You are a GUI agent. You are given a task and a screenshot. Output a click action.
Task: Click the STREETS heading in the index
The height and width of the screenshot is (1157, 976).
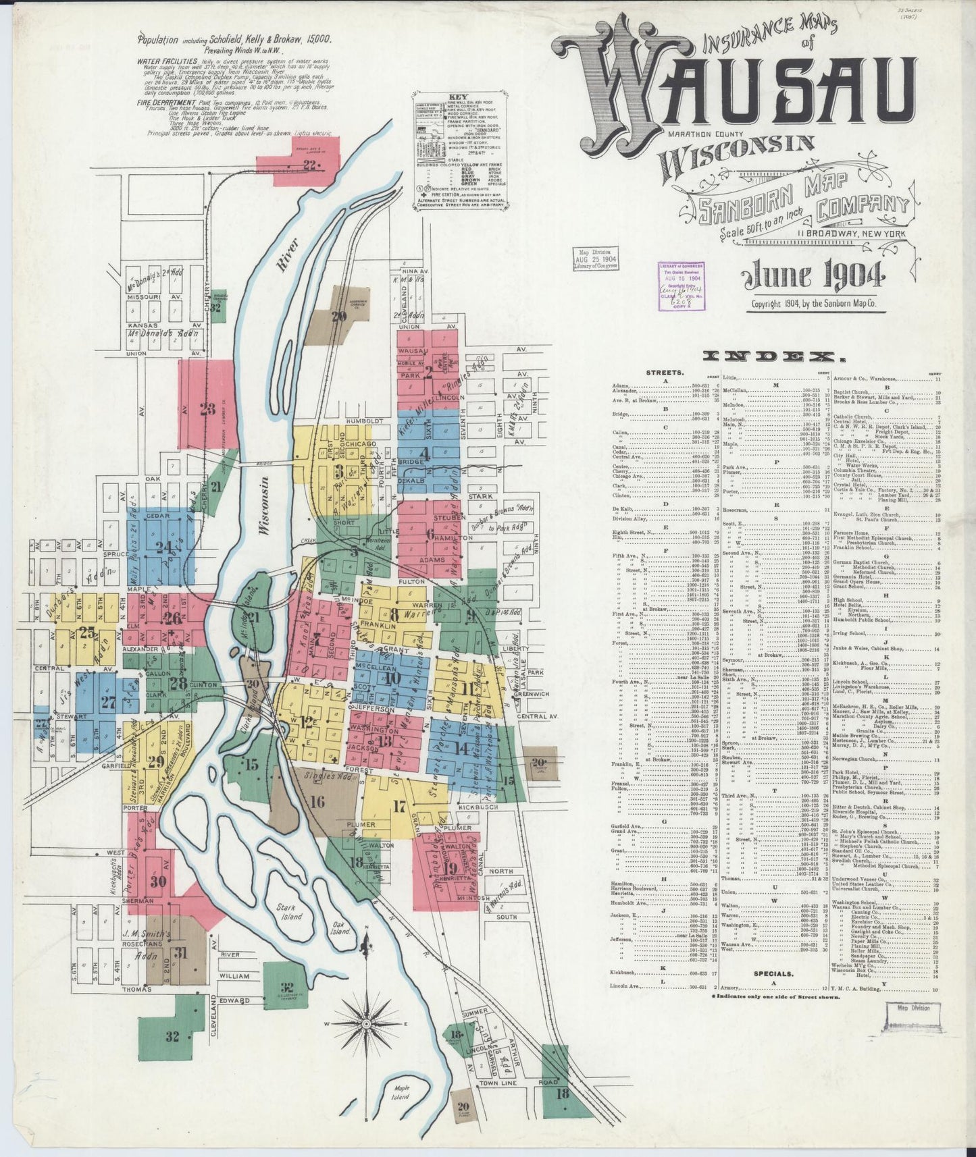665,372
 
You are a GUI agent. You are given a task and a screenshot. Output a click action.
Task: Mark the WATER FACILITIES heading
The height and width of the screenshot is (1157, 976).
166,60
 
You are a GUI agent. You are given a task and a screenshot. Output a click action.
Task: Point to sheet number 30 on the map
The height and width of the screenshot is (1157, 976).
159,882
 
